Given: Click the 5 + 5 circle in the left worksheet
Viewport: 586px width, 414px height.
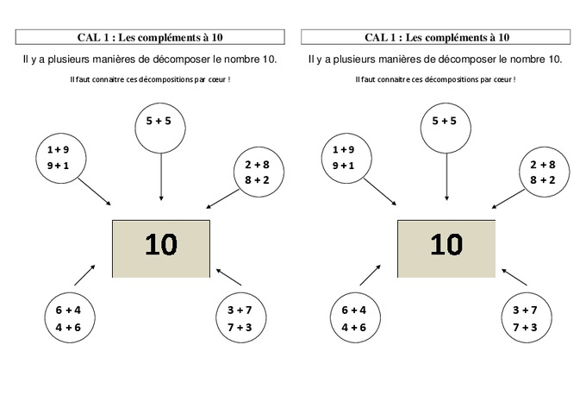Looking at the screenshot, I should pos(160,126).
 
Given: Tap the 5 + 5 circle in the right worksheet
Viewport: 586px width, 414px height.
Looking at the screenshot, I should pos(446,126).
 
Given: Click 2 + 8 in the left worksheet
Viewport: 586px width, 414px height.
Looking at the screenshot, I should pos(258,164).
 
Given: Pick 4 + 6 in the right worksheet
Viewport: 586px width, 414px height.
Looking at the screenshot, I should pos(354,327).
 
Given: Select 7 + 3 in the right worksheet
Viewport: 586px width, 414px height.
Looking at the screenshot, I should pos(525,327).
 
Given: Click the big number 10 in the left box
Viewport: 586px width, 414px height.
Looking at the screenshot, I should pos(161,246).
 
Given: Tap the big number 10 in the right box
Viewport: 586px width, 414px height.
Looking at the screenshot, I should pos(446,246).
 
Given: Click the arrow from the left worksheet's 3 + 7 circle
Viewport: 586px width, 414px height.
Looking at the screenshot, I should pos(228,277).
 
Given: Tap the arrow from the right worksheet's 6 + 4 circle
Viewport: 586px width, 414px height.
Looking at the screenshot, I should pos(371,275).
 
